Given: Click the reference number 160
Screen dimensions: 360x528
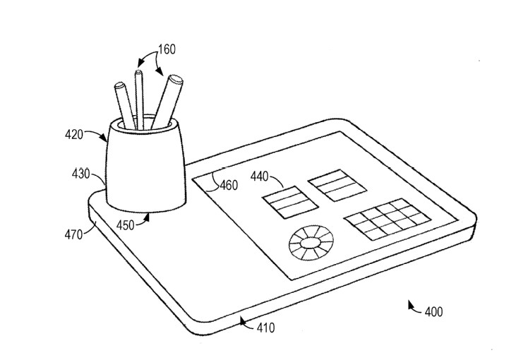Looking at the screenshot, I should click(166, 49).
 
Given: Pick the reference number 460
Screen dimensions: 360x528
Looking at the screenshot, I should click(228, 186).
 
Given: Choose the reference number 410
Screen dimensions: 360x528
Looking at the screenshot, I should click(265, 328).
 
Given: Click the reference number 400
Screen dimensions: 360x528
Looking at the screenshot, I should click(433, 311).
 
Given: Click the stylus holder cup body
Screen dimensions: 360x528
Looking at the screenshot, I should click(145, 169).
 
